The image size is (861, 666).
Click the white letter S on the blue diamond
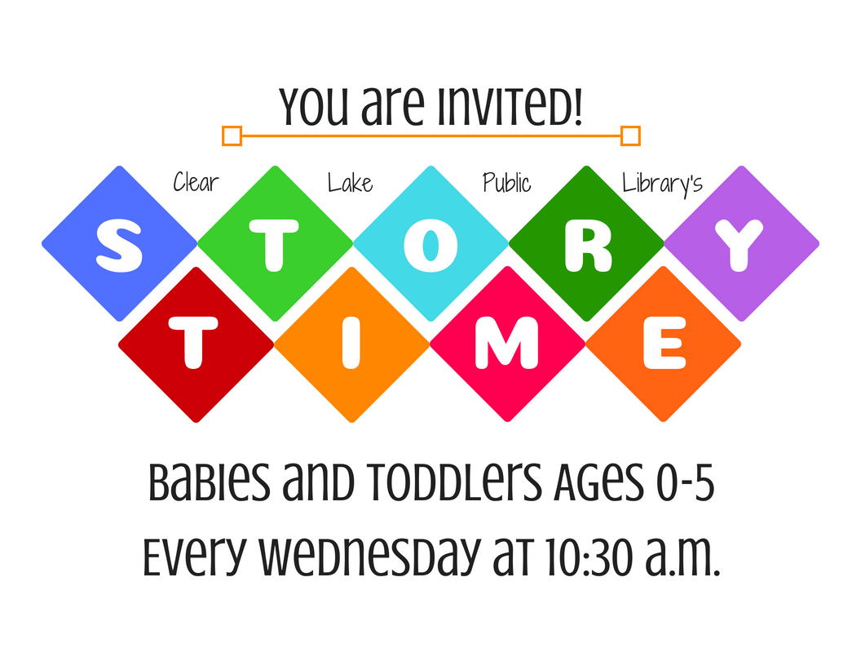click(x=119, y=245)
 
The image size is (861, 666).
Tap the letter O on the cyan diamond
click(x=430, y=245)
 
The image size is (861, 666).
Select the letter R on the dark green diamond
click(x=588, y=246)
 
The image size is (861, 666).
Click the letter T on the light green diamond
click(x=274, y=246)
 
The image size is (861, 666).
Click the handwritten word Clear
click(x=196, y=183)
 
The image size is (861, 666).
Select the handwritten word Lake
click(x=351, y=183)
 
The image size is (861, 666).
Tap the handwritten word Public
click(x=507, y=183)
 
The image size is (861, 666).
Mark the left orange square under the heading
click(x=232, y=135)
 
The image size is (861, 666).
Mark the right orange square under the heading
click(x=630, y=135)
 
